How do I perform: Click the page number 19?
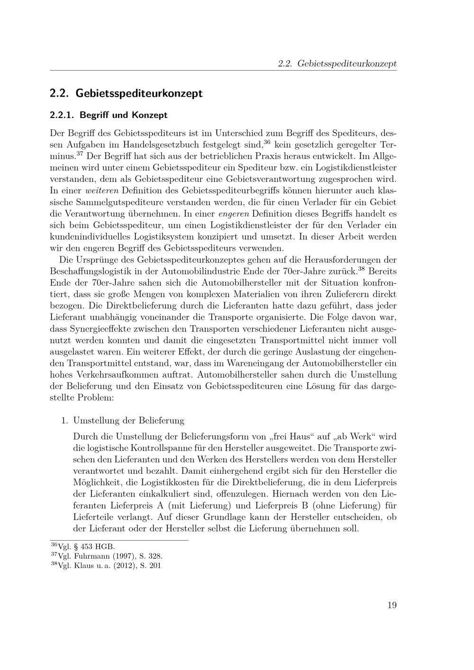(x=392, y=605)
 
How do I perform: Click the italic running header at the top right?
(x=337, y=63)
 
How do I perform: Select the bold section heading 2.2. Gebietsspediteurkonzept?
(x=126, y=93)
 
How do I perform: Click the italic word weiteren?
(x=102, y=190)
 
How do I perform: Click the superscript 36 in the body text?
(x=267, y=141)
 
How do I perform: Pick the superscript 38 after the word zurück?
(x=361, y=269)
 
